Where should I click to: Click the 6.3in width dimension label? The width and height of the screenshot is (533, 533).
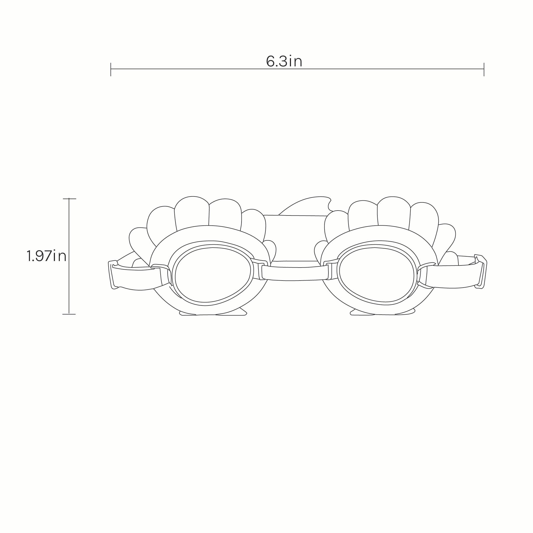pos(284,61)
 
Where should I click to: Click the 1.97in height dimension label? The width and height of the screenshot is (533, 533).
pos(47,256)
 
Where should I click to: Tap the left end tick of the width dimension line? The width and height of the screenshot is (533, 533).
pos(111,69)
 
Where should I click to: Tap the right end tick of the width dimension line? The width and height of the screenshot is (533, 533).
pos(484,69)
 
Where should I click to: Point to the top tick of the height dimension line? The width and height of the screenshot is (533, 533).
pos(69,199)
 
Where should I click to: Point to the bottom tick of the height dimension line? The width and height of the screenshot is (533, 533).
pos(69,314)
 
